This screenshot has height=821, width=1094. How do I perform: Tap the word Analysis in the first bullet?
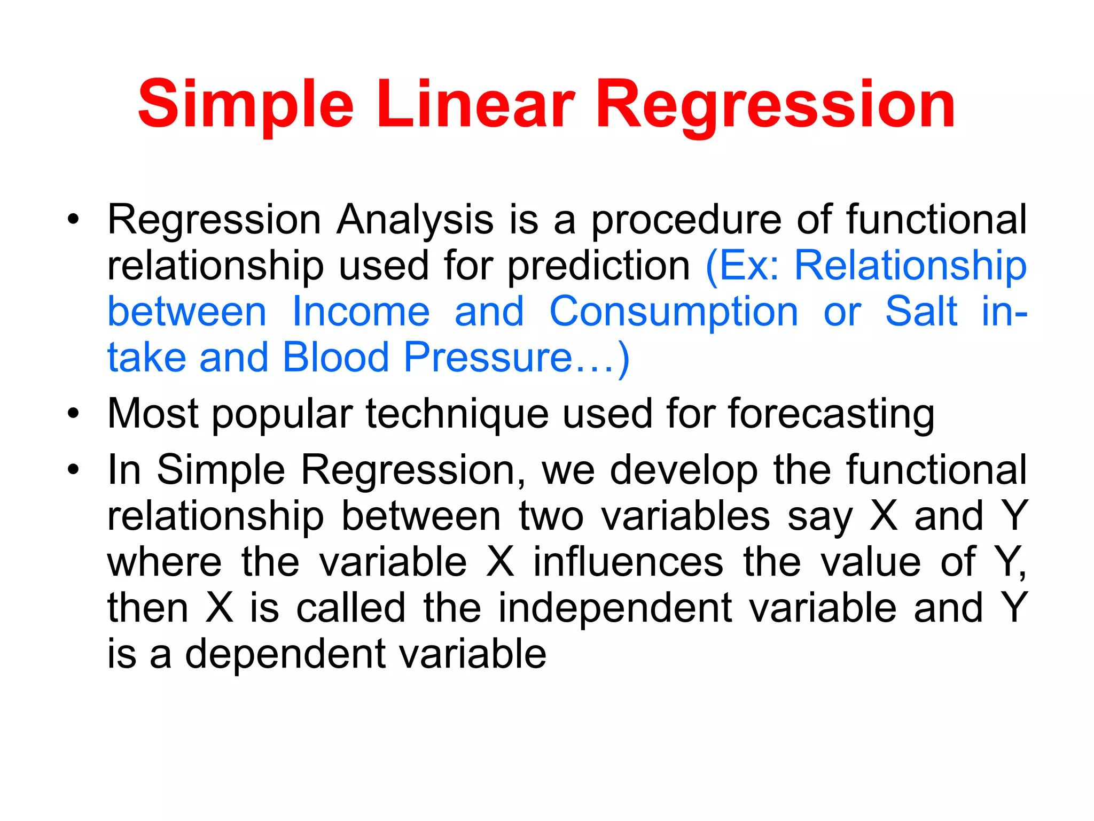pos(415,220)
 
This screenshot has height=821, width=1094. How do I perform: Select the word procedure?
pos(686,220)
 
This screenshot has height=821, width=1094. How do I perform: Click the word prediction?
pos(598,266)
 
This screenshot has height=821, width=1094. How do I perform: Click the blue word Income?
pos(361,312)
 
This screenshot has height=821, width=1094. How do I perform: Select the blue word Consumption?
pos(674,312)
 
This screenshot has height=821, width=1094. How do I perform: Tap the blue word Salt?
pos(921,312)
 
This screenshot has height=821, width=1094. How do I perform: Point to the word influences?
pos(628,562)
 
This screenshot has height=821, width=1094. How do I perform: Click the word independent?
pos(615,608)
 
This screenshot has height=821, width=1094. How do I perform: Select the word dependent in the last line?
pos(285,654)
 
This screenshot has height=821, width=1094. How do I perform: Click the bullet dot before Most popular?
pos(73,413)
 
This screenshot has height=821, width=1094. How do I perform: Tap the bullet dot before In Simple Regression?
pos(73,470)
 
